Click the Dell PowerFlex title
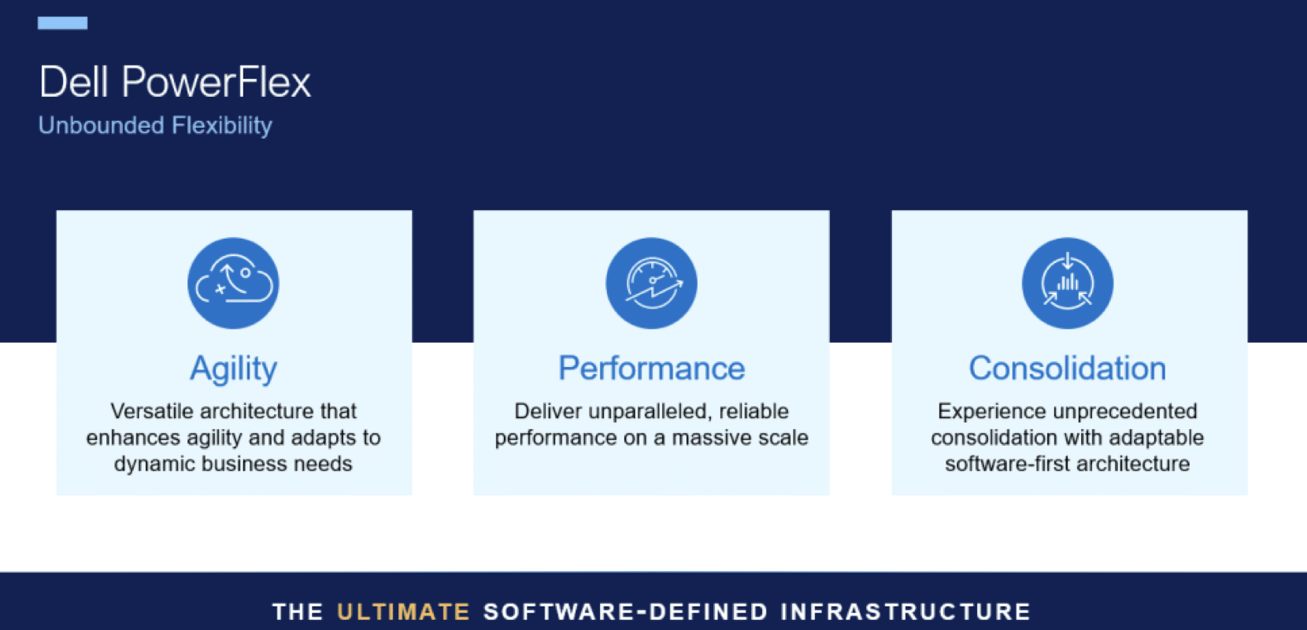[175, 82]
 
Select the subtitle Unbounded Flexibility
[155, 125]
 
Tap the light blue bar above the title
[62, 23]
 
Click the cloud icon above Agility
[233, 283]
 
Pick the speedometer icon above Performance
[651, 283]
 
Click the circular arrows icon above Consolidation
[1068, 283]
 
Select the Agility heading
[233, 369]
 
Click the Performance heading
[652, 368]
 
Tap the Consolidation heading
[1068, 368]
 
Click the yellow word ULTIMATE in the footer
[404, 612]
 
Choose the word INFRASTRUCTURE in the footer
[906, 612]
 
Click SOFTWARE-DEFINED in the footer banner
[625, 612]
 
